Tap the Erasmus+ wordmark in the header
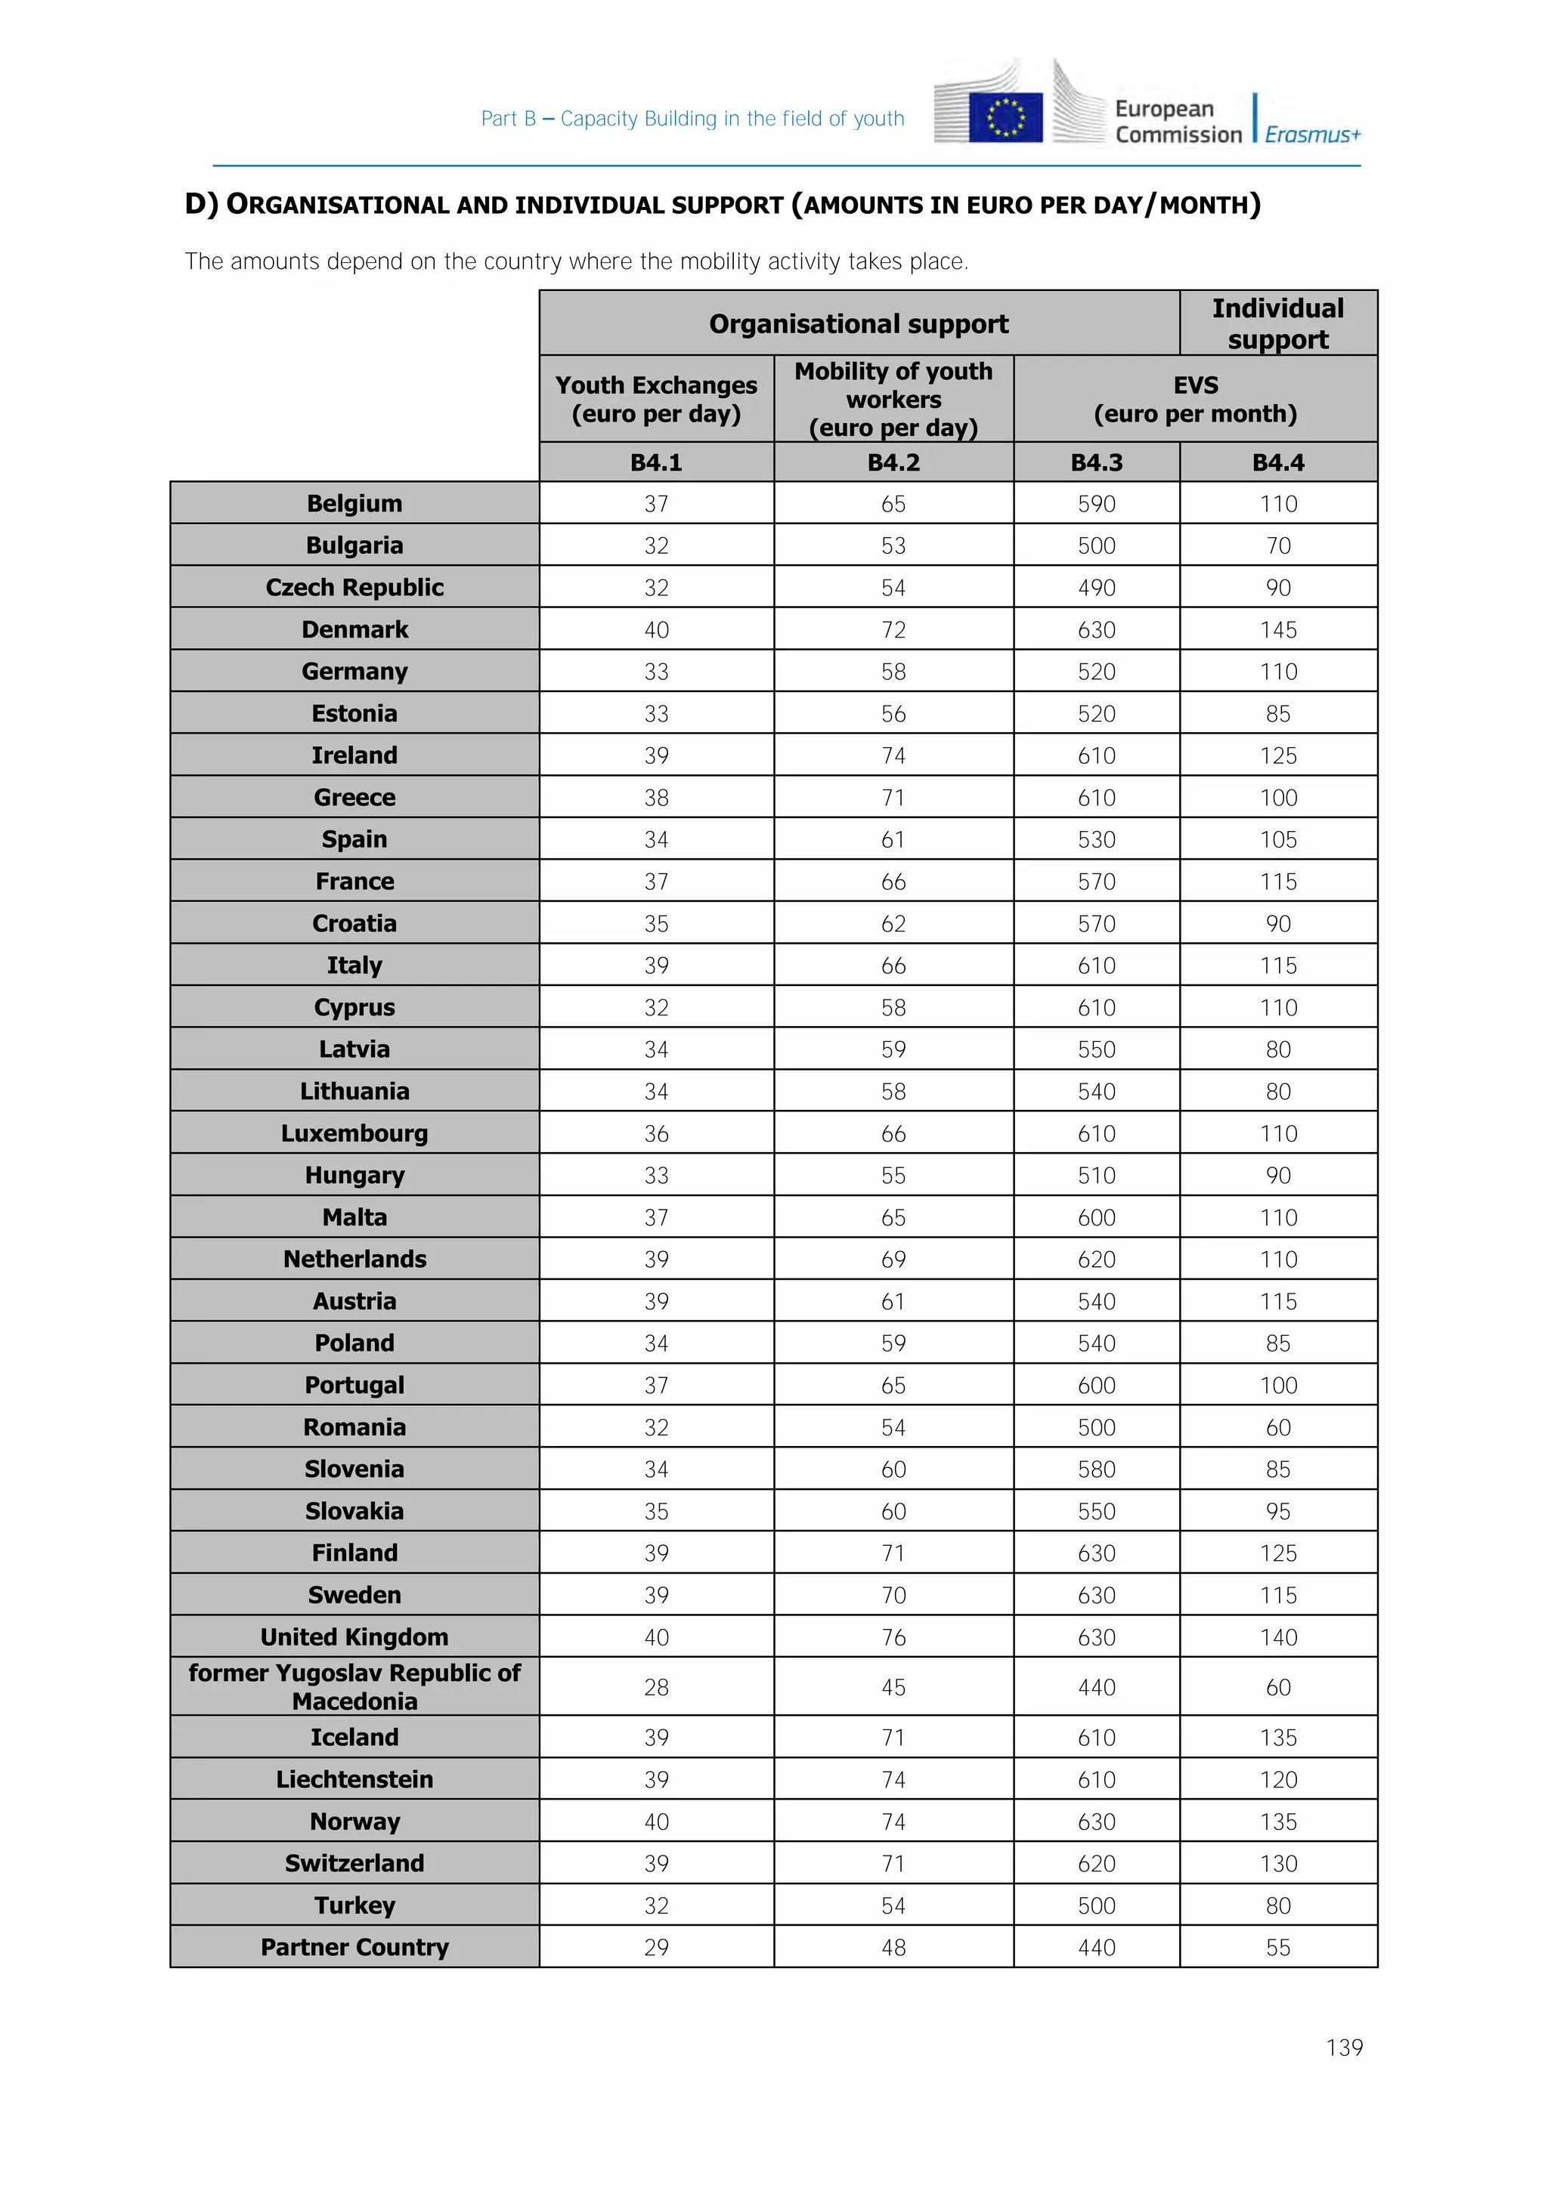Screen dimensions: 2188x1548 click(1313, 134)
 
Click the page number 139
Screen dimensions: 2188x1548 click(1344, 2047)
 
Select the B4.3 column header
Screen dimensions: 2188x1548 click(1096, 462)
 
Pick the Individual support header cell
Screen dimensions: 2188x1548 click(1277, 323)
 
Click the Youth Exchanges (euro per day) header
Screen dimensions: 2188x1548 click(656, 398)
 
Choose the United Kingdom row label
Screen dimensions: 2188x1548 click(354, 1636)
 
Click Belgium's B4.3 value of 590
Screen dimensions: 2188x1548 click(1096, 503)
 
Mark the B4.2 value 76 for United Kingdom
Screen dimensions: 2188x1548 click(893, 1636)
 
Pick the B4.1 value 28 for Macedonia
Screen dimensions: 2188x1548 click(656, 1687)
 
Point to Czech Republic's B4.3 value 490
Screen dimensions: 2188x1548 click(1096, 587)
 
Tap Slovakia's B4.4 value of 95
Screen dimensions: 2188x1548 click(1277, 1510)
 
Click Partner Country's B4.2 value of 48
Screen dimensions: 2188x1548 click(893, 1947)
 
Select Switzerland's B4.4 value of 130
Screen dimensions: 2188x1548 click(1277, 1863)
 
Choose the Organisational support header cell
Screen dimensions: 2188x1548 click(858, 324)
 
